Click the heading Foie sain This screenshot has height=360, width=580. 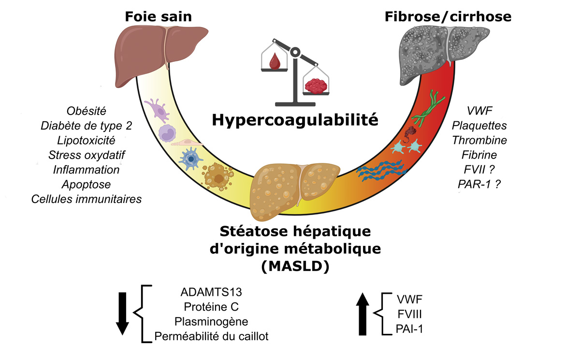(x=158, y=16)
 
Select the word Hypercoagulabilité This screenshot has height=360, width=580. (x=295, y=118)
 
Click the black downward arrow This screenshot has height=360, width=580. (x=122, y=314)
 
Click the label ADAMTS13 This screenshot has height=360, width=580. (x=211, y=293)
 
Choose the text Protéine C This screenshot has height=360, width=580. (x=211, y=307)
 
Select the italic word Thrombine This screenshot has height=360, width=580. (x=479, y=141)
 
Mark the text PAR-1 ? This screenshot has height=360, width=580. (x=479, y=185)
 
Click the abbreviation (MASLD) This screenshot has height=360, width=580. (x=294, y=266)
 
